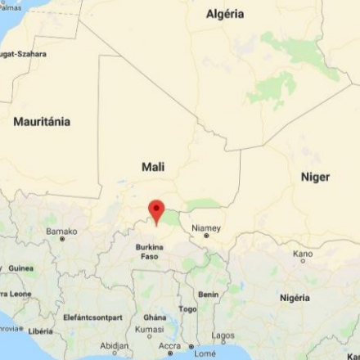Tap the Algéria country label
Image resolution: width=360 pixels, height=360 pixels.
point(225,14)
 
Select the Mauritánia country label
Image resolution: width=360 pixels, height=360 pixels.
point(42,122)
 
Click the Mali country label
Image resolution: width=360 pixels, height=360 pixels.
point(153,167)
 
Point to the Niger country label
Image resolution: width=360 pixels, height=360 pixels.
point(315,177)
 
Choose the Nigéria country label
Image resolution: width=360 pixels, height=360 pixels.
point(295,298)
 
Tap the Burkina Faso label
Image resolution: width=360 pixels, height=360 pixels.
point(150,250)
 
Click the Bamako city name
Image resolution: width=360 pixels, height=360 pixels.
point(61,232)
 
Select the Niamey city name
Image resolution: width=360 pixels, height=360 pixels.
point(206,227)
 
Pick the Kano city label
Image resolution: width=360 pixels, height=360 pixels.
point(303,254)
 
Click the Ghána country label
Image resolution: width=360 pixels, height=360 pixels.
point(155,317)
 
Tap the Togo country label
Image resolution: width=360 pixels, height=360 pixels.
point(188,309)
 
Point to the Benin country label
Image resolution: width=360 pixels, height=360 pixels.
point(208,295)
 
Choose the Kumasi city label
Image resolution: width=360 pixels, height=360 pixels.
point(150,329)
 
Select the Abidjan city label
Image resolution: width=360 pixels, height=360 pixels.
point(115,346)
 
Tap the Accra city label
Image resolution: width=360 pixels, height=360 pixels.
point(170,346)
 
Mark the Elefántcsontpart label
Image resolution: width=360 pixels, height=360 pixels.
point(92,317)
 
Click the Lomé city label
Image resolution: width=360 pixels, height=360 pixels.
point(205,353)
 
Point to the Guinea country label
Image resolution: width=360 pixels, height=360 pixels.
point(21,268)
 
